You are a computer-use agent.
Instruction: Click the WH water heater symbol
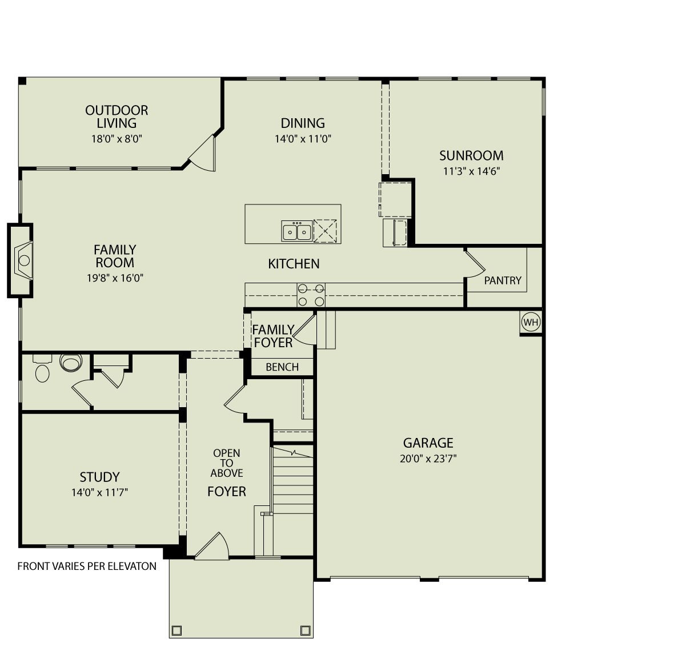pos(531,323)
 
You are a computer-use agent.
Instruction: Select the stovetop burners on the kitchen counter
pos(311,295)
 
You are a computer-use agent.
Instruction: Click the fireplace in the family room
pos(23,260)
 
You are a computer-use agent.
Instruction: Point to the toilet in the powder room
pos(71,363)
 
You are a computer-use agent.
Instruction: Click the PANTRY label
pos(503,280)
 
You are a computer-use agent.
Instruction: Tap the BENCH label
pos(282,367)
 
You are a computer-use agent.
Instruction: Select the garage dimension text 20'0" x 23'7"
pos(428,458)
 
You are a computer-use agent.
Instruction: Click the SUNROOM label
pos(471,155)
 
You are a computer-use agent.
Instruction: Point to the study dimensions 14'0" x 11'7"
pos(99,492)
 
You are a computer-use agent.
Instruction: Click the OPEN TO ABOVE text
pos(227,463)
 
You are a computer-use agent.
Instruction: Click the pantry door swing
pos(475,264)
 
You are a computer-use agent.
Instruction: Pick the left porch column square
pos(176,630)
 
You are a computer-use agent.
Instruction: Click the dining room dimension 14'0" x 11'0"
pos(302,138)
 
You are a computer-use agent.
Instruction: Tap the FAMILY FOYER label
pos(273,336)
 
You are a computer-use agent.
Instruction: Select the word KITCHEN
pos(294,264)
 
